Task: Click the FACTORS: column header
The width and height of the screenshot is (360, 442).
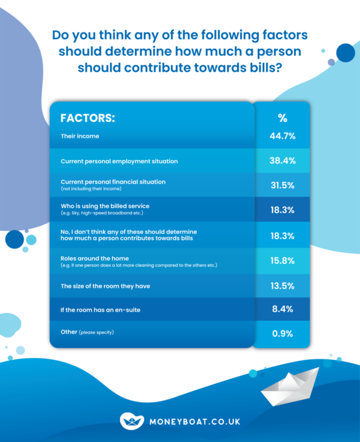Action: tap(88, 118)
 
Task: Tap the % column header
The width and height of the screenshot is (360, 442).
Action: tap(282, 118)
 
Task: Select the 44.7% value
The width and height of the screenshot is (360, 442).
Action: tap(282, 136)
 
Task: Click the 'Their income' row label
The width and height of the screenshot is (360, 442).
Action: tap(80, 136)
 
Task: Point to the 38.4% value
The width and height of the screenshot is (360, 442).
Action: tap(282, 161)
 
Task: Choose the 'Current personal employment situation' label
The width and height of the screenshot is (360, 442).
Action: tap(119, 161)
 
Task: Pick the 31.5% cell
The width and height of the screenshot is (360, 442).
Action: tap(282, 185)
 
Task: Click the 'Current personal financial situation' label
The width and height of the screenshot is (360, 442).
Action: tap(113, 182)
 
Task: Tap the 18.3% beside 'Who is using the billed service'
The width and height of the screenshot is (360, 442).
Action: tap(282, 210)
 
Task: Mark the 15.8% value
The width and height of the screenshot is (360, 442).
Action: tap(282, 261)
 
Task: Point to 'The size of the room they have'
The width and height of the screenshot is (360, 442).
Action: tap(105, 286)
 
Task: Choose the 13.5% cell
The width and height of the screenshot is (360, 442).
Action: tap(282, 286)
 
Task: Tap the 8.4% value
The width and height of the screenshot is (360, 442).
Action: tap(282, 310)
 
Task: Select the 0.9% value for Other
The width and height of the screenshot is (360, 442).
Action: tap(282, 334)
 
